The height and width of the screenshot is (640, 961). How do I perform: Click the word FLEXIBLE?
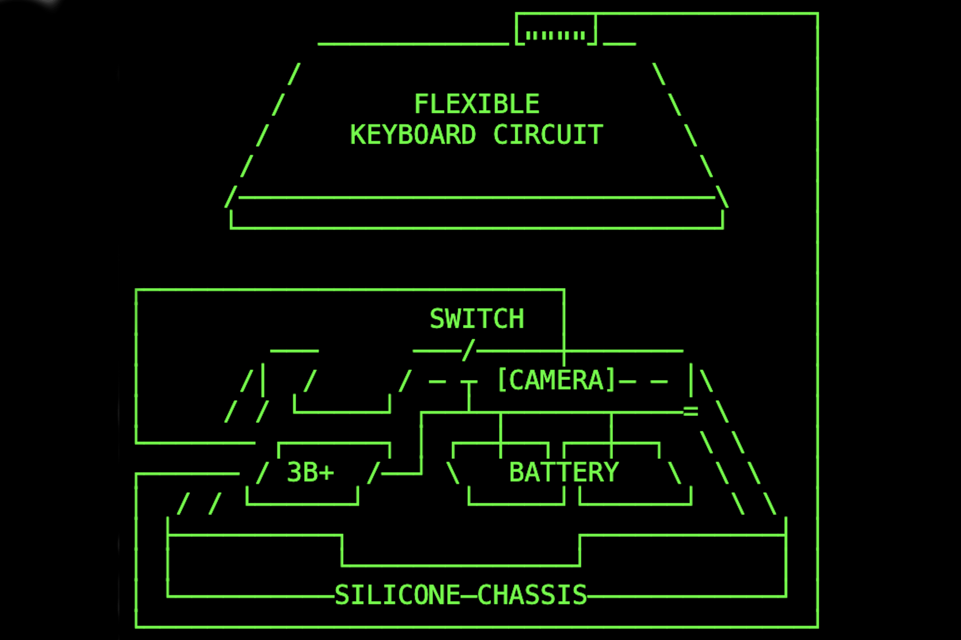pyautogui.click(x=477, y=104)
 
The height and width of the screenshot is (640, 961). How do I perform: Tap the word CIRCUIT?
pyautogui.click(x=548, y=135)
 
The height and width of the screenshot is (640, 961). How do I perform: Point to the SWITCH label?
pyautogui.click(x=477, y=319)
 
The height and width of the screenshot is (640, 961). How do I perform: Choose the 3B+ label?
pyautogui.click(x=310, y=472)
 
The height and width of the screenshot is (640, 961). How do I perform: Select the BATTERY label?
pyautogui.click(x=564, y=472)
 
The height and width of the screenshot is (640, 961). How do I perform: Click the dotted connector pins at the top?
pyautogui.click(x=555, y=35)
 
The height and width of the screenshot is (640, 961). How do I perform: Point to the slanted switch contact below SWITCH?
pyautogui.click(x=469, y=350)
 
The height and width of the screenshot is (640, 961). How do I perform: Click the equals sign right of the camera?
pyautogui.click(x=691, y=411)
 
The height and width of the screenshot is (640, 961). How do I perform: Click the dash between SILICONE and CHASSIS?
pyautogui.click(x=469, y=596)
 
